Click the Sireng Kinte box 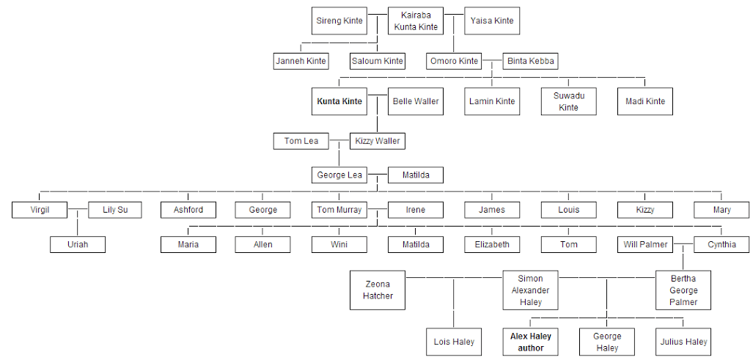tap(339, 21)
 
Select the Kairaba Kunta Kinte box tap(416, 21)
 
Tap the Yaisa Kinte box tap(493, 21)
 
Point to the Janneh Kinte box tap(301, 61)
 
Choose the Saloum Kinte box tap(378, 61)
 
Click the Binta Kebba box tap(531, 61)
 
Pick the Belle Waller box tap(416, 101)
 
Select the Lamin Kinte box tap(492, 101)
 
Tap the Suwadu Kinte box tap(568, 101)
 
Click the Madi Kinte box tap(645, 101)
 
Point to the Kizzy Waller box tap(378, 141)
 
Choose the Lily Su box tap(115, 210)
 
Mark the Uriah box tap(78, 244)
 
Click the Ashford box tap(188, 210)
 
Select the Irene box tap(416, 210)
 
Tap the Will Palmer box tap(645, 244)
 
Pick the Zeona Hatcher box tap(378, 290)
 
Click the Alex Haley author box tap(531, 342)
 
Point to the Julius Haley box tap(683, 342)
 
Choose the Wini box tap(339, 244)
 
